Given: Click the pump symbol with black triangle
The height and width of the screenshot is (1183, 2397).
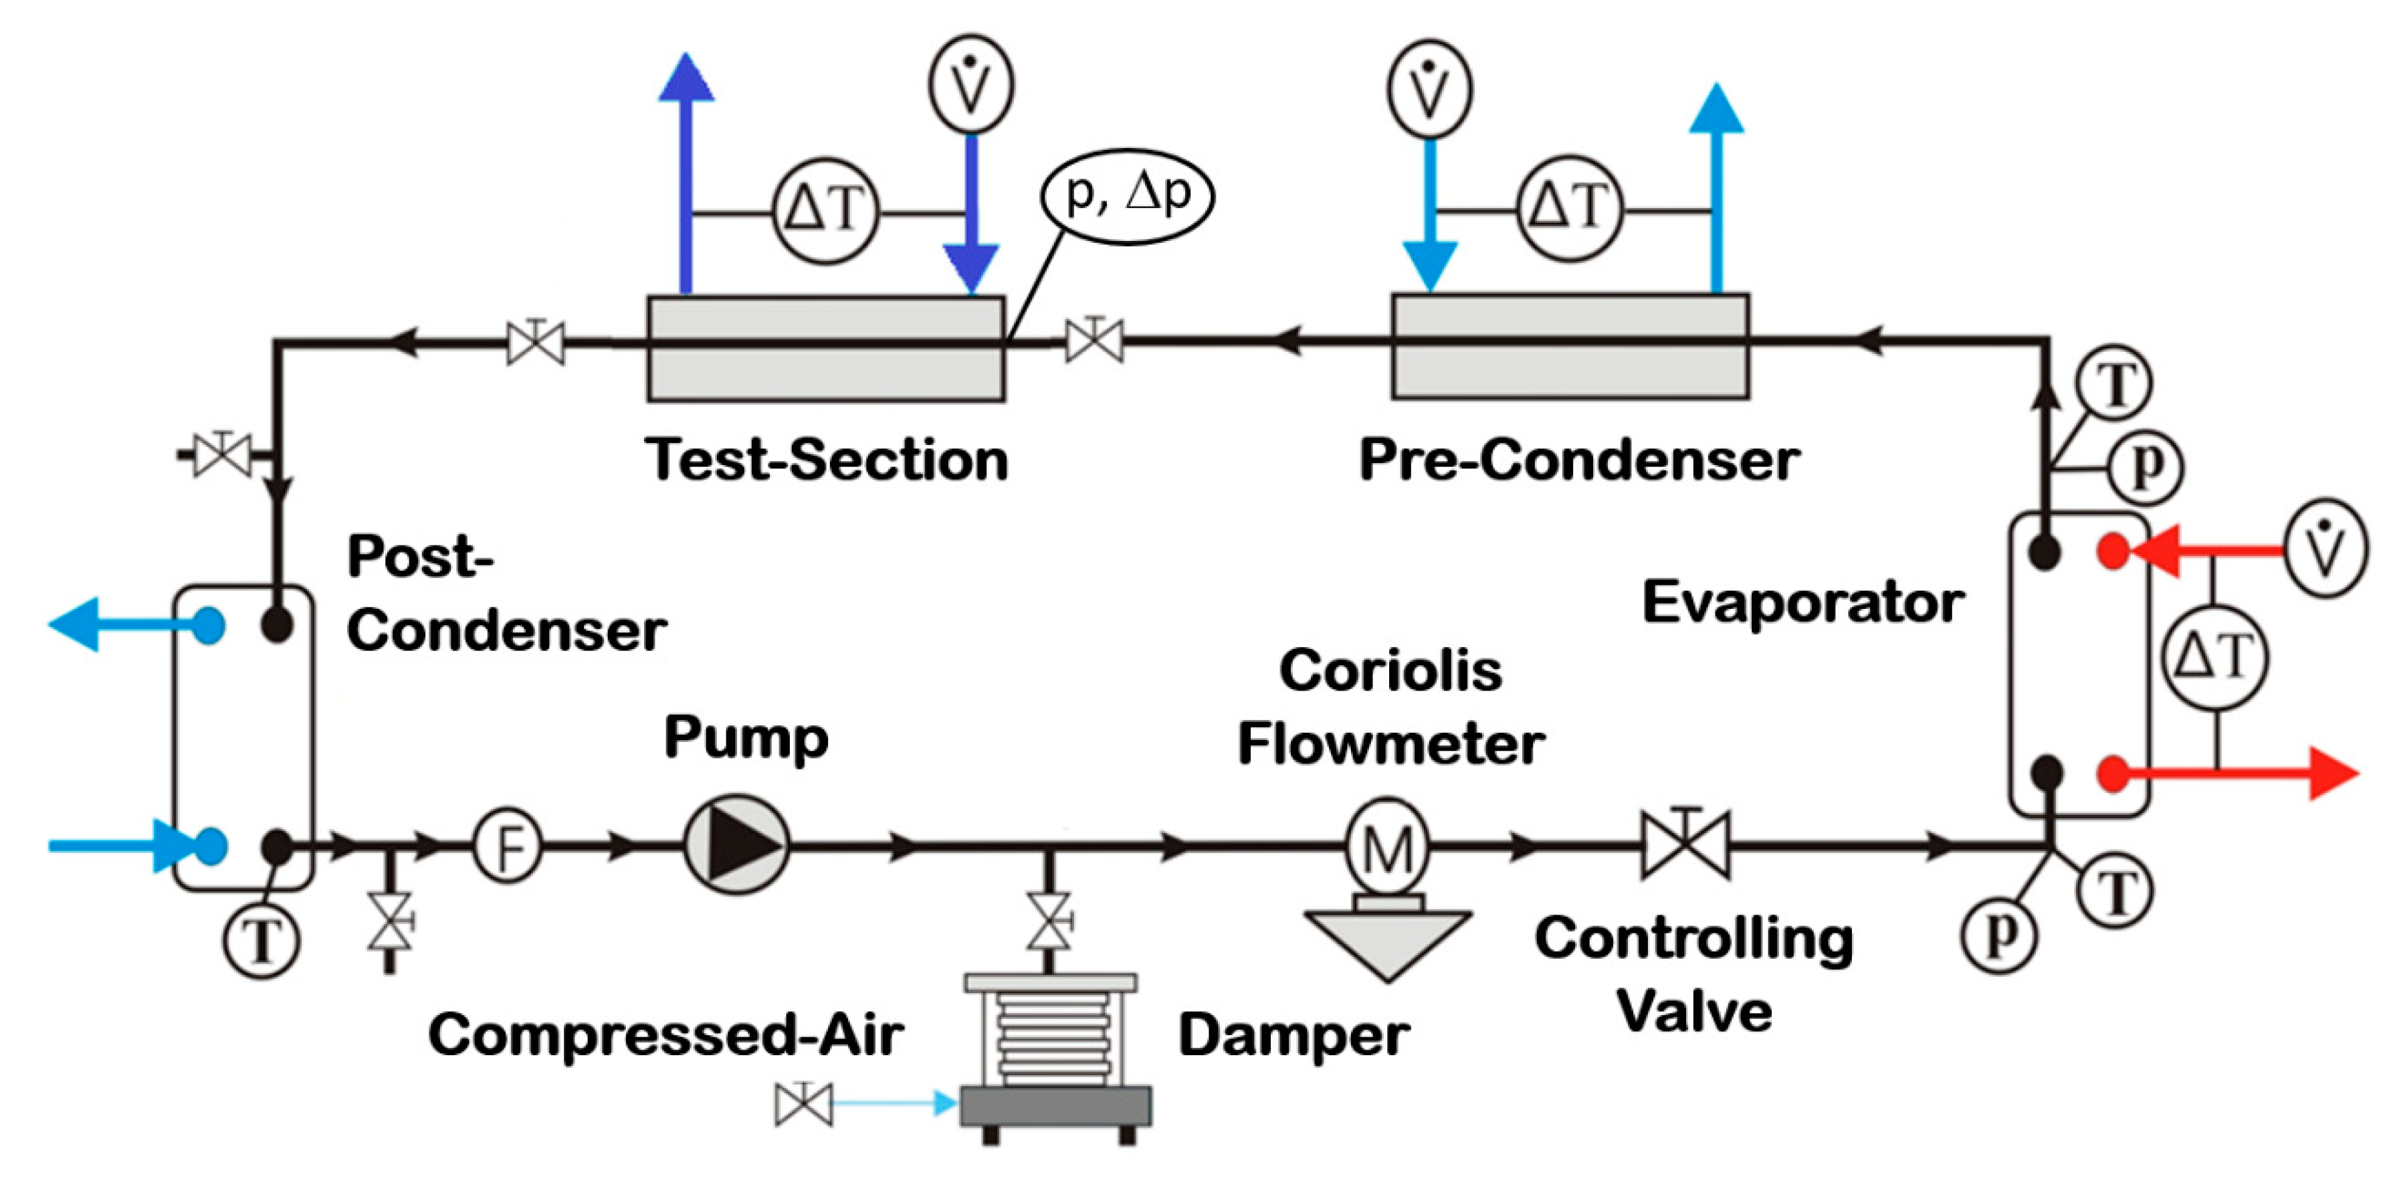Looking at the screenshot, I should [x=737, y=845].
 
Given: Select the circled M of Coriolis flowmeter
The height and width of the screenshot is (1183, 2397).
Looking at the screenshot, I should [x=1387, y=847].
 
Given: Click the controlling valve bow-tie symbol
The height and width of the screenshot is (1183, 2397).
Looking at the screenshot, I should [x=1686, y=845].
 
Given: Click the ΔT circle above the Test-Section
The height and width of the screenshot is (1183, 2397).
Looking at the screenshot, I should [x=826, y=210].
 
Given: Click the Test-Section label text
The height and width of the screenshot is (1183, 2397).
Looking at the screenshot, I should [x=826, y=460].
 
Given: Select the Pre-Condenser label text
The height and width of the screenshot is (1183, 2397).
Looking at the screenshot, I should [x=1579, y=460].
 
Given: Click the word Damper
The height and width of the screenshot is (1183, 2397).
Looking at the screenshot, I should [x=1293, y=1035].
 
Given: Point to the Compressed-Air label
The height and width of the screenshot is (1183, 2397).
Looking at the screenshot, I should [x=665, y=1035].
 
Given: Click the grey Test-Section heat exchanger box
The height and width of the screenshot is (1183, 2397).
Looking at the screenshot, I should [x=826, y=372].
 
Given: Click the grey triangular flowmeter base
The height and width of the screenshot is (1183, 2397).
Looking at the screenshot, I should [x=1387, y=940].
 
